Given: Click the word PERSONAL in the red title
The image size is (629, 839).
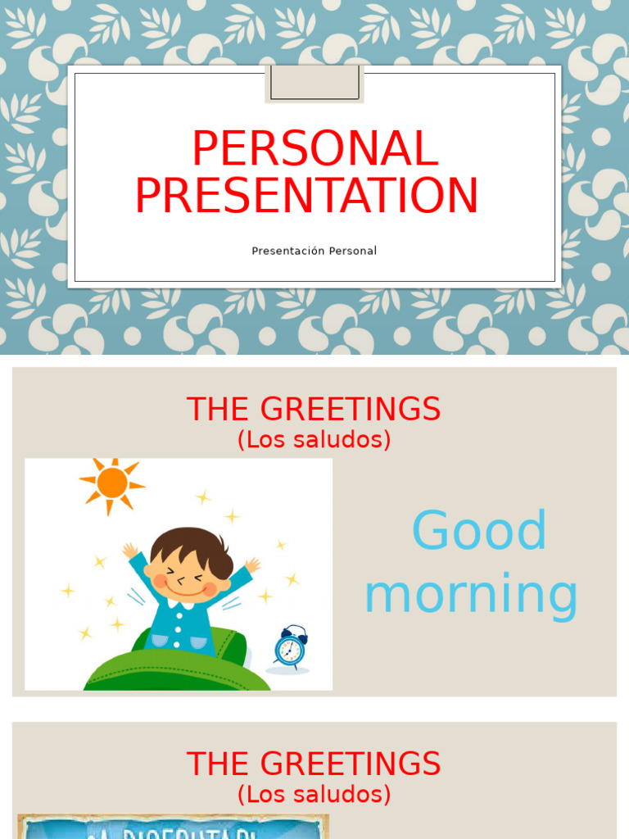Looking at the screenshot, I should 314,150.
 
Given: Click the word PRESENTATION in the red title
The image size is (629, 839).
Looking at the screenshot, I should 306,197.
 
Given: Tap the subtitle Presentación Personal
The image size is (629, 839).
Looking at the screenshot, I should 314,251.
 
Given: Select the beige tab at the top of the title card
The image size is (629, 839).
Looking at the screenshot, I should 314,84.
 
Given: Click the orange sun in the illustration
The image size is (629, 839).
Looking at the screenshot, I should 111,483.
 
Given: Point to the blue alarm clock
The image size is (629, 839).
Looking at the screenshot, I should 290,648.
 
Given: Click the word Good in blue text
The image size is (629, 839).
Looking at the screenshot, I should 478,531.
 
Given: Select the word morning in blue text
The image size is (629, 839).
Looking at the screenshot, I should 471,595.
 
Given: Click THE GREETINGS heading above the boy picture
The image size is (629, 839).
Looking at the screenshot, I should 314,409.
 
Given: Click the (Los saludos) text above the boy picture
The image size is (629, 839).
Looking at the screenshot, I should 314,440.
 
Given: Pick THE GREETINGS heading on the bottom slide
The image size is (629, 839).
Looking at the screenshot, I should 314,764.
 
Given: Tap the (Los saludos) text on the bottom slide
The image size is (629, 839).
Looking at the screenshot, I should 314,794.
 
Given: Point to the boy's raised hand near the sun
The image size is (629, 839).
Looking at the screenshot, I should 129,551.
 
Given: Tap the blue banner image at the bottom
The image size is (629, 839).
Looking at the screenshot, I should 172,827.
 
